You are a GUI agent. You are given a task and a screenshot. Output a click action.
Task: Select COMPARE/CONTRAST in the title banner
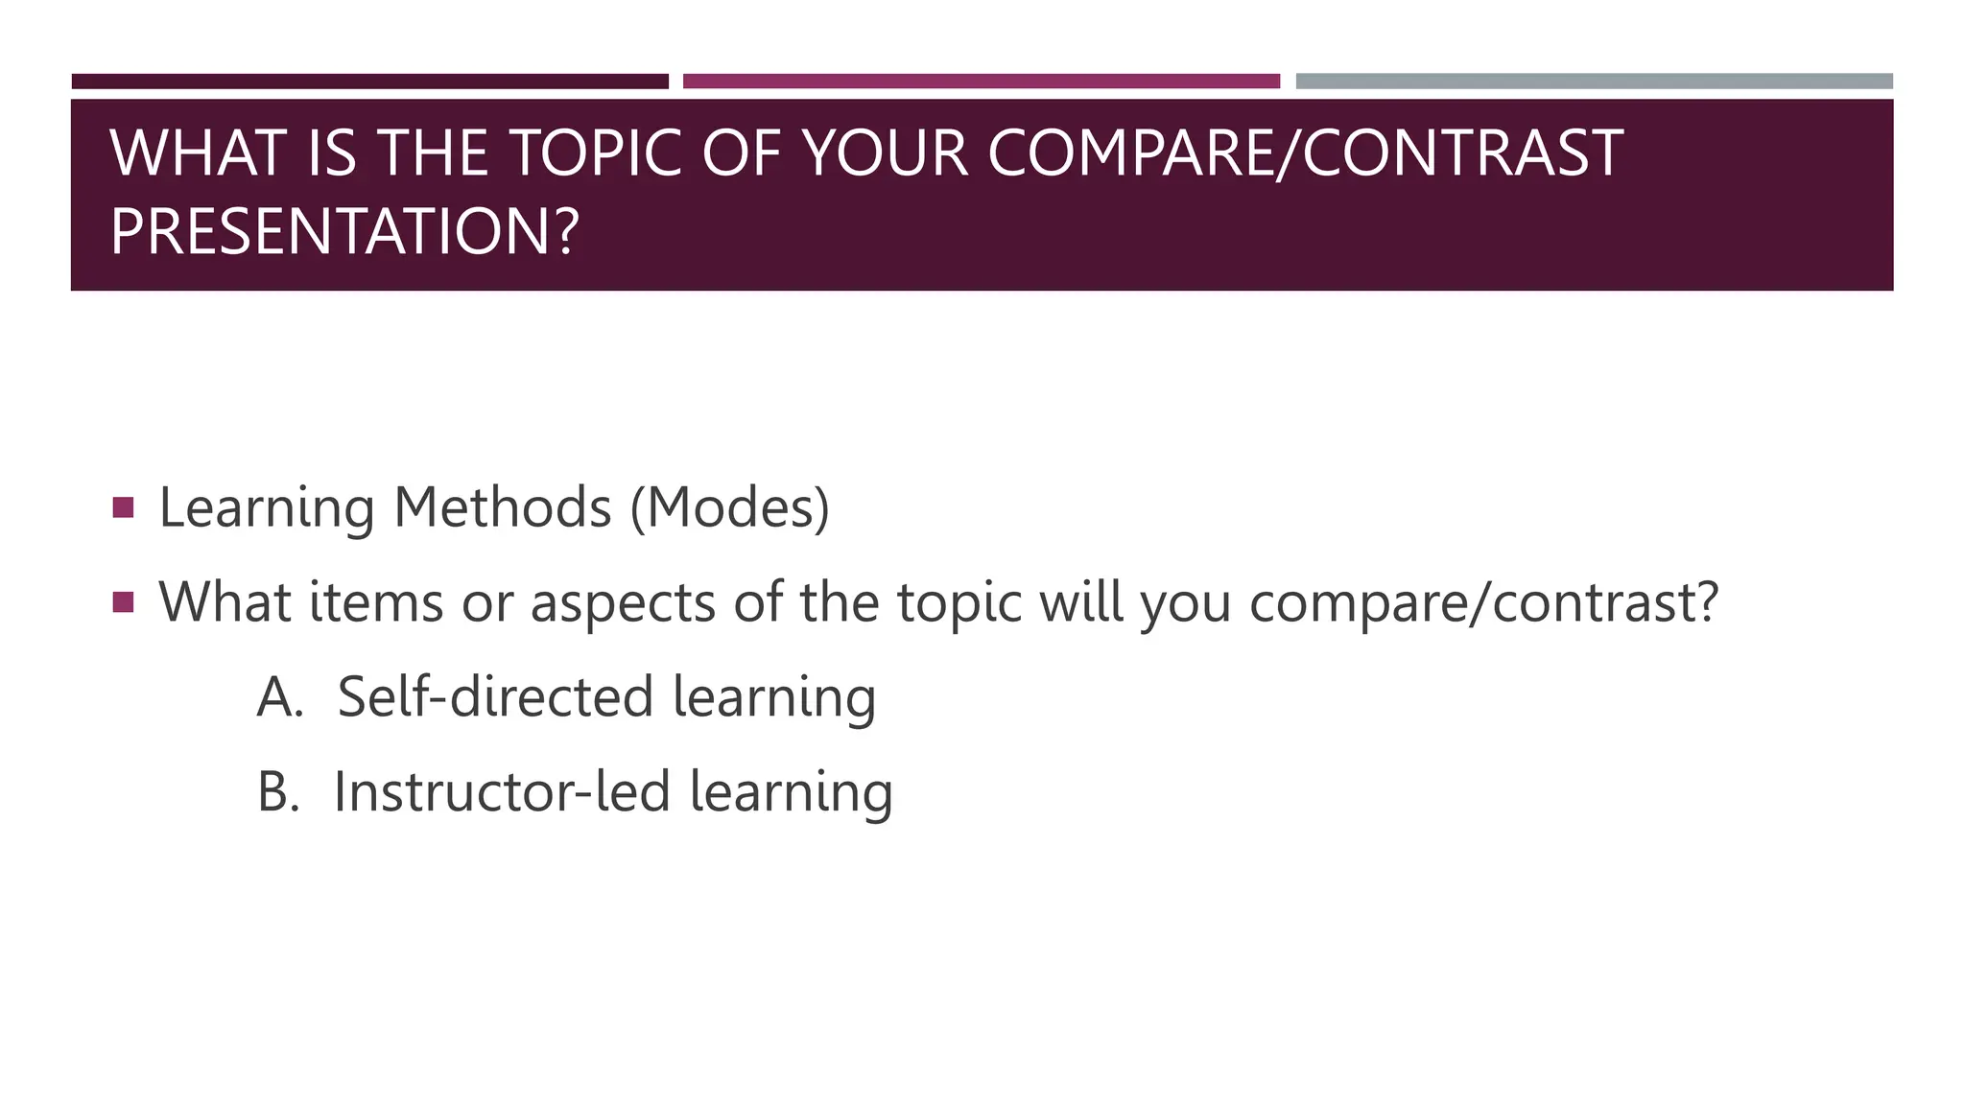coord(1305,153)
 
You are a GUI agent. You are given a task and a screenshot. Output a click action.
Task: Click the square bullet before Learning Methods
coord(123,506)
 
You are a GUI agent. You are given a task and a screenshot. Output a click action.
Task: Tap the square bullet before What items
coord(123,601)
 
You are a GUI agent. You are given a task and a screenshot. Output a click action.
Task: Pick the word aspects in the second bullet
coord(623,604)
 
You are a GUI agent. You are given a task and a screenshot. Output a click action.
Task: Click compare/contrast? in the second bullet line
coord(1483,604)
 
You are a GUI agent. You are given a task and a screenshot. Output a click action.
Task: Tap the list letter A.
coord(279,697)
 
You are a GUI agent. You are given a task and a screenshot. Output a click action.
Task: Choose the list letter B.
coord(278,792)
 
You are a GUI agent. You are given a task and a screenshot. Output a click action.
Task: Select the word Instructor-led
coord(501,792)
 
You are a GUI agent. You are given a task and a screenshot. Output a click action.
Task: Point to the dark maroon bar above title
coord(370,82)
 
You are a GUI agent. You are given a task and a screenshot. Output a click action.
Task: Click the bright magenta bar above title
coord(982,82)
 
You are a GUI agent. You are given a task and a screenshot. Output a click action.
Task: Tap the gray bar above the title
coord(1594,82)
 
